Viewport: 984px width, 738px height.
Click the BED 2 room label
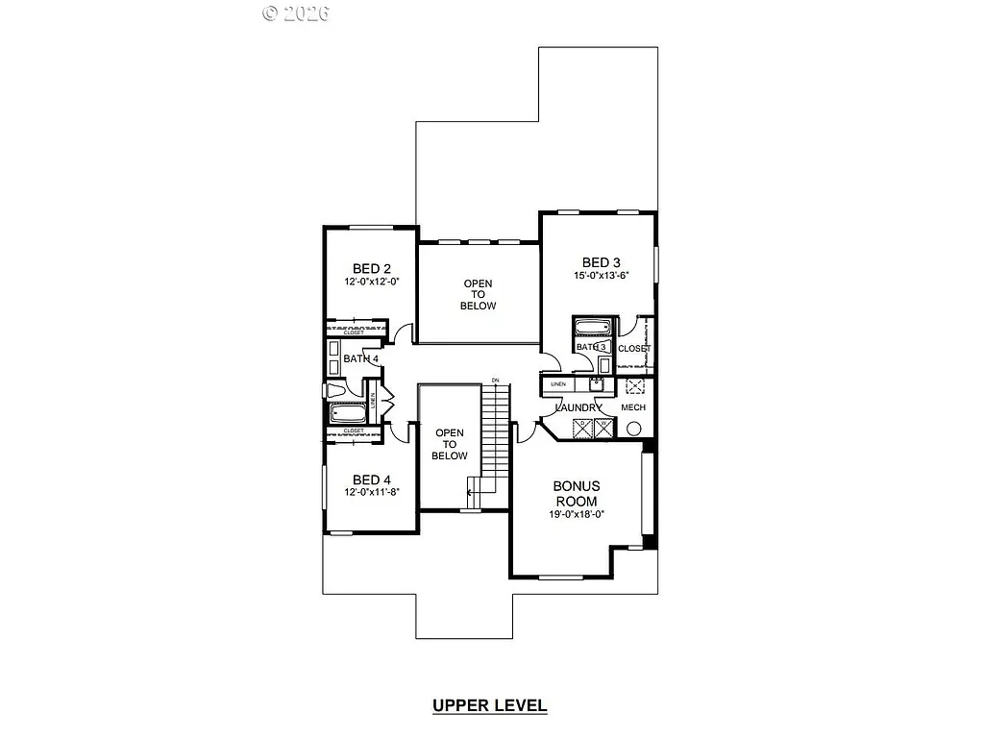click(371, 268)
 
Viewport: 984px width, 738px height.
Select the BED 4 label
click(371, 480)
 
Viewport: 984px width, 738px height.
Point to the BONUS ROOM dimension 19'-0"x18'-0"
click(576, 514)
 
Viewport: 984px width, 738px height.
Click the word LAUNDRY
click(578, 407)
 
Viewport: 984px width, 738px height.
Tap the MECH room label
click(633, 407)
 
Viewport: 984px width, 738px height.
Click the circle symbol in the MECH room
click(633, 430)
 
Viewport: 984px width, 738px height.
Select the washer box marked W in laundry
click(603, 428)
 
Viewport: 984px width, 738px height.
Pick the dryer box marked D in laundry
click(583, 428)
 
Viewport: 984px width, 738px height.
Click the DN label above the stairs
click(496, 381)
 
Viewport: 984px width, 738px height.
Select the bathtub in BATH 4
click(347, 414)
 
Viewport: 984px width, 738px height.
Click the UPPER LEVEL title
click(490, 705)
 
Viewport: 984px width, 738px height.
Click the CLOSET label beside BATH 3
click(634, 349)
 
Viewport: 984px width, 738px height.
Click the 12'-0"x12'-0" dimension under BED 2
click(371, 283)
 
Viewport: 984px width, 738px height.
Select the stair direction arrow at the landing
click(471, 492)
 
